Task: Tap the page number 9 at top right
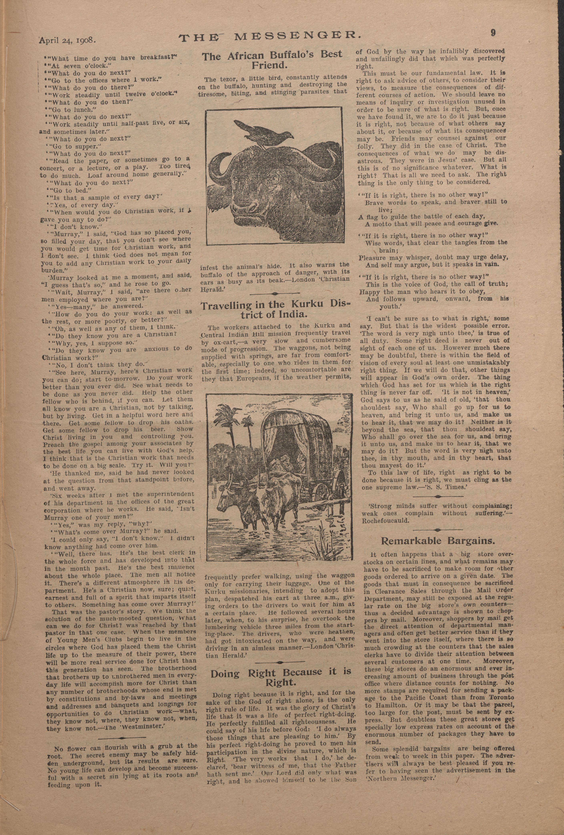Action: click(493, 33)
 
